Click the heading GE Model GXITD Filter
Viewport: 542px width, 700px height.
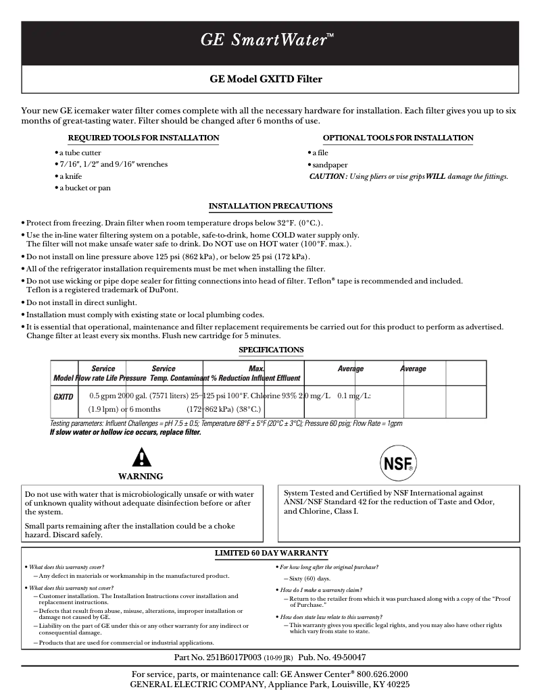pos(266,79)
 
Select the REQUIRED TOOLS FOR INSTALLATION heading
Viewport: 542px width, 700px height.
pos(143,138)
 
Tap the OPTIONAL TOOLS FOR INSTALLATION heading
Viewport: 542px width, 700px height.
pos(398,138)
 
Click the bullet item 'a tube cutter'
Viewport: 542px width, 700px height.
pos(80,153)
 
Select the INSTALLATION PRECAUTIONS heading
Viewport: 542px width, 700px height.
pos(270,206)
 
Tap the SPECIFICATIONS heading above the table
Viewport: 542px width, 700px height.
pos(271,350)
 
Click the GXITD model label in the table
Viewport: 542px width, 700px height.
pos(64,397)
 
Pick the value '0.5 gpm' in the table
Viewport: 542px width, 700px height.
pos(103,396)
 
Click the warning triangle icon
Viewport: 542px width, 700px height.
pos(141,458)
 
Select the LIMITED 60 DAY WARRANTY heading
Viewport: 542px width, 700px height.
pos(271,554)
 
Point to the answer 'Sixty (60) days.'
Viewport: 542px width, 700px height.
pos(310,579)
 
